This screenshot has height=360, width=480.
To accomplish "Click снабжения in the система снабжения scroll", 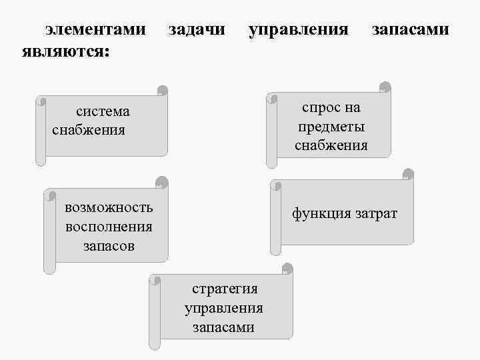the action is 88,129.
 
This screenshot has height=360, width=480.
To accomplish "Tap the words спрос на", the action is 331,107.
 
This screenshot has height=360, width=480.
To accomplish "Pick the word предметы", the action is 331,126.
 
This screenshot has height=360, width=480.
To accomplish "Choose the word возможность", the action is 109,207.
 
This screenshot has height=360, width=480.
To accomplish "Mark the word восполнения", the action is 109,226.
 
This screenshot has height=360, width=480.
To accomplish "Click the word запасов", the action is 109,245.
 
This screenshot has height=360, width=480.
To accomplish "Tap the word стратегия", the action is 225,289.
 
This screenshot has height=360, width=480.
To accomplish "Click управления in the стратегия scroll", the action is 224,308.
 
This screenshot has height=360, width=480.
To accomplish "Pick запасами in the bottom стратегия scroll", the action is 224,327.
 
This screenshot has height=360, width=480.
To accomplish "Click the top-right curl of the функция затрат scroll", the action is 408,175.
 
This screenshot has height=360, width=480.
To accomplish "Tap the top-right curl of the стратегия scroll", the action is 287,270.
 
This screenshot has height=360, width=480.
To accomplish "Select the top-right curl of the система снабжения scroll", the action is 161,91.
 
